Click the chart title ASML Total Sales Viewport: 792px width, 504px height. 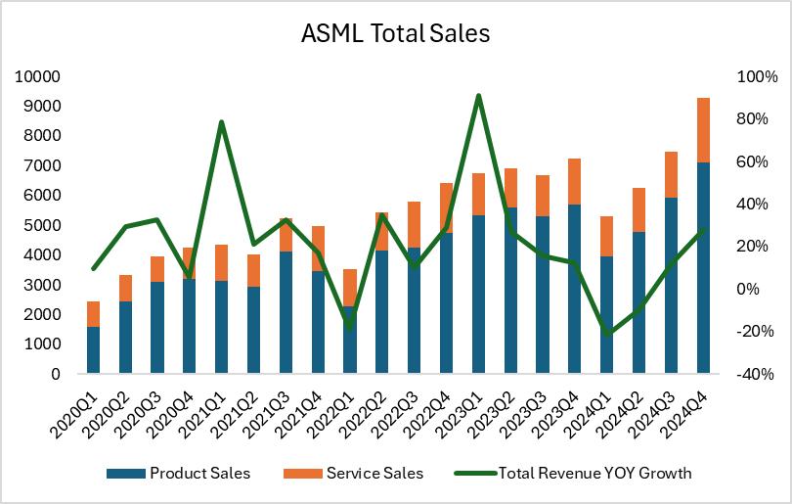(395, 33)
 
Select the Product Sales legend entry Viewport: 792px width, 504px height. (199, 474)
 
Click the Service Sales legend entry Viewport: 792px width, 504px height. (374, 474)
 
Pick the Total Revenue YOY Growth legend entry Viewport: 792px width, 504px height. (594, 474)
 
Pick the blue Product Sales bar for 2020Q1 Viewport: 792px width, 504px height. (93, 349)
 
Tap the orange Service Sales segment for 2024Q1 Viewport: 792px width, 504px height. (607, 236)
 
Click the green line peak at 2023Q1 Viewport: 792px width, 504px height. (478, 96)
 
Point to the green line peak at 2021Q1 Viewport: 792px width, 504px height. (222, 122)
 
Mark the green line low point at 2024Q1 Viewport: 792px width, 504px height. (607, 335)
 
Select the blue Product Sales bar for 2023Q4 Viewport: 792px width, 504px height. (575, 289)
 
